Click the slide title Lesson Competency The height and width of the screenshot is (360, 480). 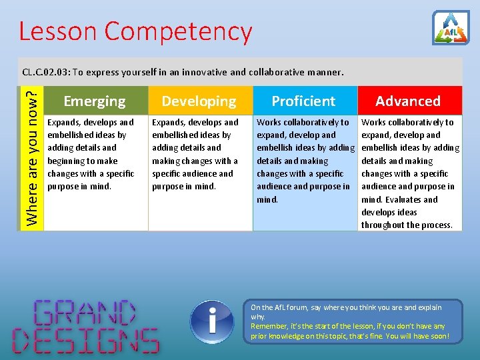coord(135,31)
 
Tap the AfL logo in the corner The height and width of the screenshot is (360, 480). coord(451,28)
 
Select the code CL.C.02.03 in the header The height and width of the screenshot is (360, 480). coord(45,72)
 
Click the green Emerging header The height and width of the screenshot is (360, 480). coord(95,101)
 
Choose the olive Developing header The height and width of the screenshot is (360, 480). coord(199,101)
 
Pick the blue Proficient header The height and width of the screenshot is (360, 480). coord(303,101)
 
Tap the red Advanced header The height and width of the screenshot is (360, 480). coord(408,101)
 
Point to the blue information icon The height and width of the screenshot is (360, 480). coord(211,322)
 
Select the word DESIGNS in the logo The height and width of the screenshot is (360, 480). coord(86,339)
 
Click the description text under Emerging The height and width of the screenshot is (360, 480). coord(91,154)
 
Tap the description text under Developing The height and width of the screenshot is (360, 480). coord(195,154)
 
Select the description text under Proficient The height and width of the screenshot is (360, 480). coord(304,161)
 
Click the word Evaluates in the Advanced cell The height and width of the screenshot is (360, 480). coord(401,199)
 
